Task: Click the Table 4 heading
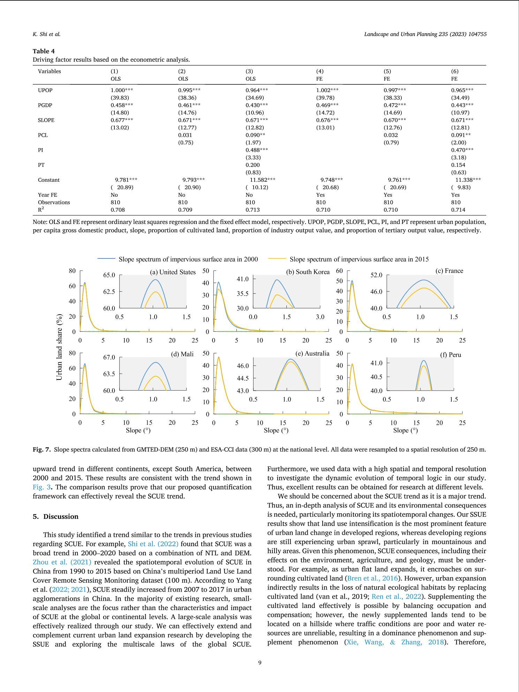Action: click(44, 51)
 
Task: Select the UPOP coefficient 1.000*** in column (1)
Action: click(122, 90)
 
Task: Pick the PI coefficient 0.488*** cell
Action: click(257, 150)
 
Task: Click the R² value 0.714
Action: click(458, 210)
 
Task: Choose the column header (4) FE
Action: click(319, 75)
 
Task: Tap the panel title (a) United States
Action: click(173, 272)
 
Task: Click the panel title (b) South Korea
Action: click(308, 272)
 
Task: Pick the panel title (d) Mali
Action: click(182, 354)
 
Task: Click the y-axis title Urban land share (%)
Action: click(60, 347)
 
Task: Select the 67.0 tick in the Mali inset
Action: click(109, 358)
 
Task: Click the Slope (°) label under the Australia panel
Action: click(276, 430)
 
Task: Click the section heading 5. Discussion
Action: click(55, 517)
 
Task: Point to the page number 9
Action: click(259, 663)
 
